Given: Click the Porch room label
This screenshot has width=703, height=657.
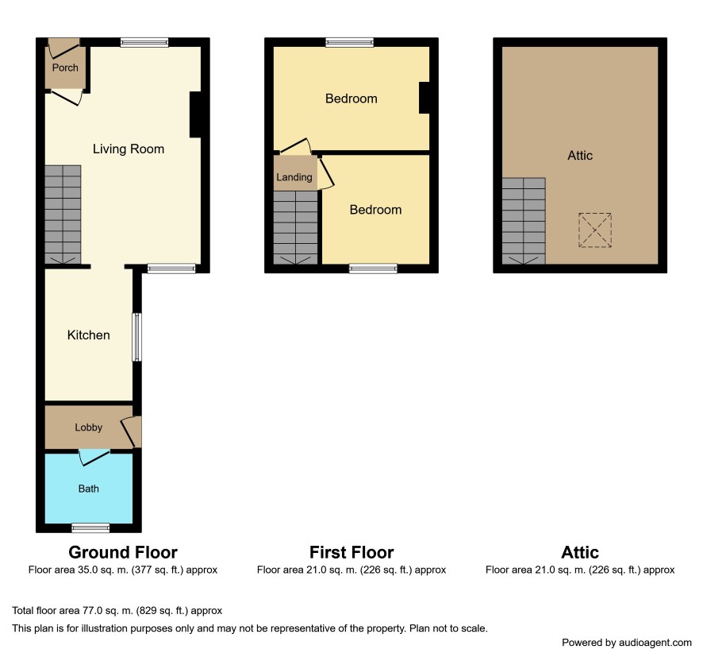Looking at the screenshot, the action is (65, 68).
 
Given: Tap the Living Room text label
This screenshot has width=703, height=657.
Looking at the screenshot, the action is (129, 149).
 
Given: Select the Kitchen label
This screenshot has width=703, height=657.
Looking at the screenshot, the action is (88, 335).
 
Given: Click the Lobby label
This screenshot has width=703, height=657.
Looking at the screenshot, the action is (88, 427).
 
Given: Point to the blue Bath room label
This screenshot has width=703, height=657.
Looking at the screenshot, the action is (88, 489).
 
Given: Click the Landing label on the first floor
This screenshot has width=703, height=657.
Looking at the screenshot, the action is (294, 177).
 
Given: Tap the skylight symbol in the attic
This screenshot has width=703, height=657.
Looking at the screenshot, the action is (595, 230).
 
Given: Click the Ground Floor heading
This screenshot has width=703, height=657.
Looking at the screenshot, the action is (123, 552).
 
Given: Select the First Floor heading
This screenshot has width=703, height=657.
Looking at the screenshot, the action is (351, 552).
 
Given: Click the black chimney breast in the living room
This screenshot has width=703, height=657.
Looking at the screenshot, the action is (195, 114).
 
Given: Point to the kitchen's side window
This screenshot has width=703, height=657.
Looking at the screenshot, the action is (136, 337).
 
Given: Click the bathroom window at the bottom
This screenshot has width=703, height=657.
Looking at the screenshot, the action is (90, 528).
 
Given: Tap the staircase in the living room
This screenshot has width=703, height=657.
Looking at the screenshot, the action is (63, 214).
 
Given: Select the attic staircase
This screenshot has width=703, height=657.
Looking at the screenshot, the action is (524, 221).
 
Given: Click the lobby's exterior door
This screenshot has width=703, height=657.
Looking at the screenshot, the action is (132, 431).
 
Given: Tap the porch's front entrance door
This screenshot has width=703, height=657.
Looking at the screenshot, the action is (63, 48).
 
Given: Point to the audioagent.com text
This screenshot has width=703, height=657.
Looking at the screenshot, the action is (655, 643).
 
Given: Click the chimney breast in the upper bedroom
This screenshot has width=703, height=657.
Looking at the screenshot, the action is (424, 98).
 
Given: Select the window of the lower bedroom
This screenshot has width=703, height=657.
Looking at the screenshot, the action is (373, 269).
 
